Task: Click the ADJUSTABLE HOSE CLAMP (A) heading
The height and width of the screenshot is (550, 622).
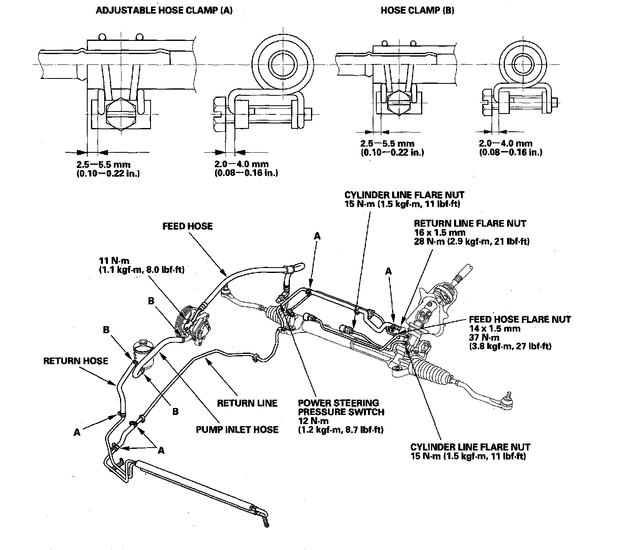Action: (164, 11)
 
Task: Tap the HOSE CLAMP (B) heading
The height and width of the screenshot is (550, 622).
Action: (417, 11)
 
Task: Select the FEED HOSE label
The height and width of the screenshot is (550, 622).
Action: (187, 226)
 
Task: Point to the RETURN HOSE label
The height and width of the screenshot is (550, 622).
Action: (76, 361)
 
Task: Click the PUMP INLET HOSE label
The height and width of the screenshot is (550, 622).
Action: (237, 430)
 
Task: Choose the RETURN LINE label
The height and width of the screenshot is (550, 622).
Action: (247, 403)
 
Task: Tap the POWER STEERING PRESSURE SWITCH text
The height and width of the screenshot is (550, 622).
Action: (341, 407)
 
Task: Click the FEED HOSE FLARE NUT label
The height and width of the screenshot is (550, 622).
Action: (520, 319)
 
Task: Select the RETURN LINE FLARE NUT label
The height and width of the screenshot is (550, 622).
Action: (470, 223)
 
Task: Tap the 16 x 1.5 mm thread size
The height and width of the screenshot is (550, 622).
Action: (440, 232)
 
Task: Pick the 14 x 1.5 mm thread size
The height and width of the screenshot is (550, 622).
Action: (495, 328)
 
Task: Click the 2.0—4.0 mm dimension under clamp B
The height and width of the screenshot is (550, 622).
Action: (506, 144)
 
